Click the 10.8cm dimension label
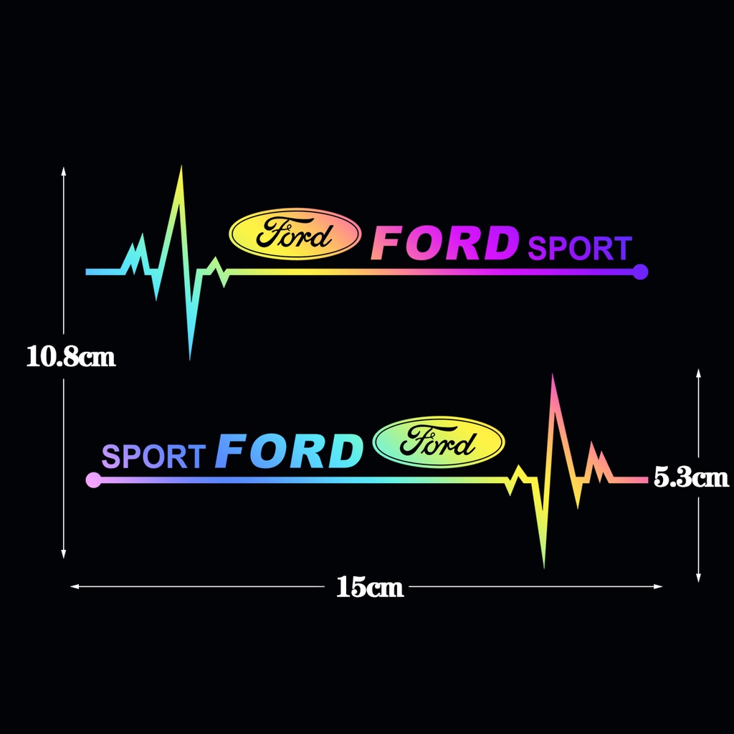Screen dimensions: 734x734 click(x=71, y=356)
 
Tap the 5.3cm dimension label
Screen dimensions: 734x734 click(x=691, y=477)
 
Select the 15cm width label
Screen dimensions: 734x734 click(x=370, y=588)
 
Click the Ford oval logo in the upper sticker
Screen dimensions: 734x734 click(x=295, y=234)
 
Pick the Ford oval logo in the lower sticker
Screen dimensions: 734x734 click(x=439, y=442)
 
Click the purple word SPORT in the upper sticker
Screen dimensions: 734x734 click(x=579, y=249)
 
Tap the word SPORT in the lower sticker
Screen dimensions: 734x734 click(x=153, y=456)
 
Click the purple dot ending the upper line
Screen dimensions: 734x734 click(x=641, y=272)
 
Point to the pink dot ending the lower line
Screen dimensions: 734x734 click(x=92, y=480)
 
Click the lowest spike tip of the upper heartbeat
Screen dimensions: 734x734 click(x=190, y=357)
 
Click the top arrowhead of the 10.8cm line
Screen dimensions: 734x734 click(x=64, y=171)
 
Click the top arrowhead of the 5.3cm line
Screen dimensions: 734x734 click(x=698, y=372)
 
